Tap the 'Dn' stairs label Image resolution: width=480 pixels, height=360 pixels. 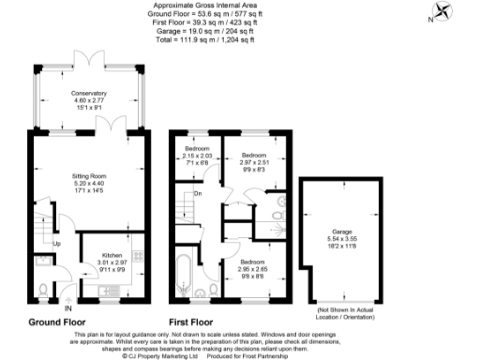pos(198,194)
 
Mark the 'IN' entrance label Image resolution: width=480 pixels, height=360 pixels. pos(67,307)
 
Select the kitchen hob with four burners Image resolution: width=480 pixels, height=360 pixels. pos(140,256)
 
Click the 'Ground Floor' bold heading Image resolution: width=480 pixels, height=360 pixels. pos(58,322)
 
